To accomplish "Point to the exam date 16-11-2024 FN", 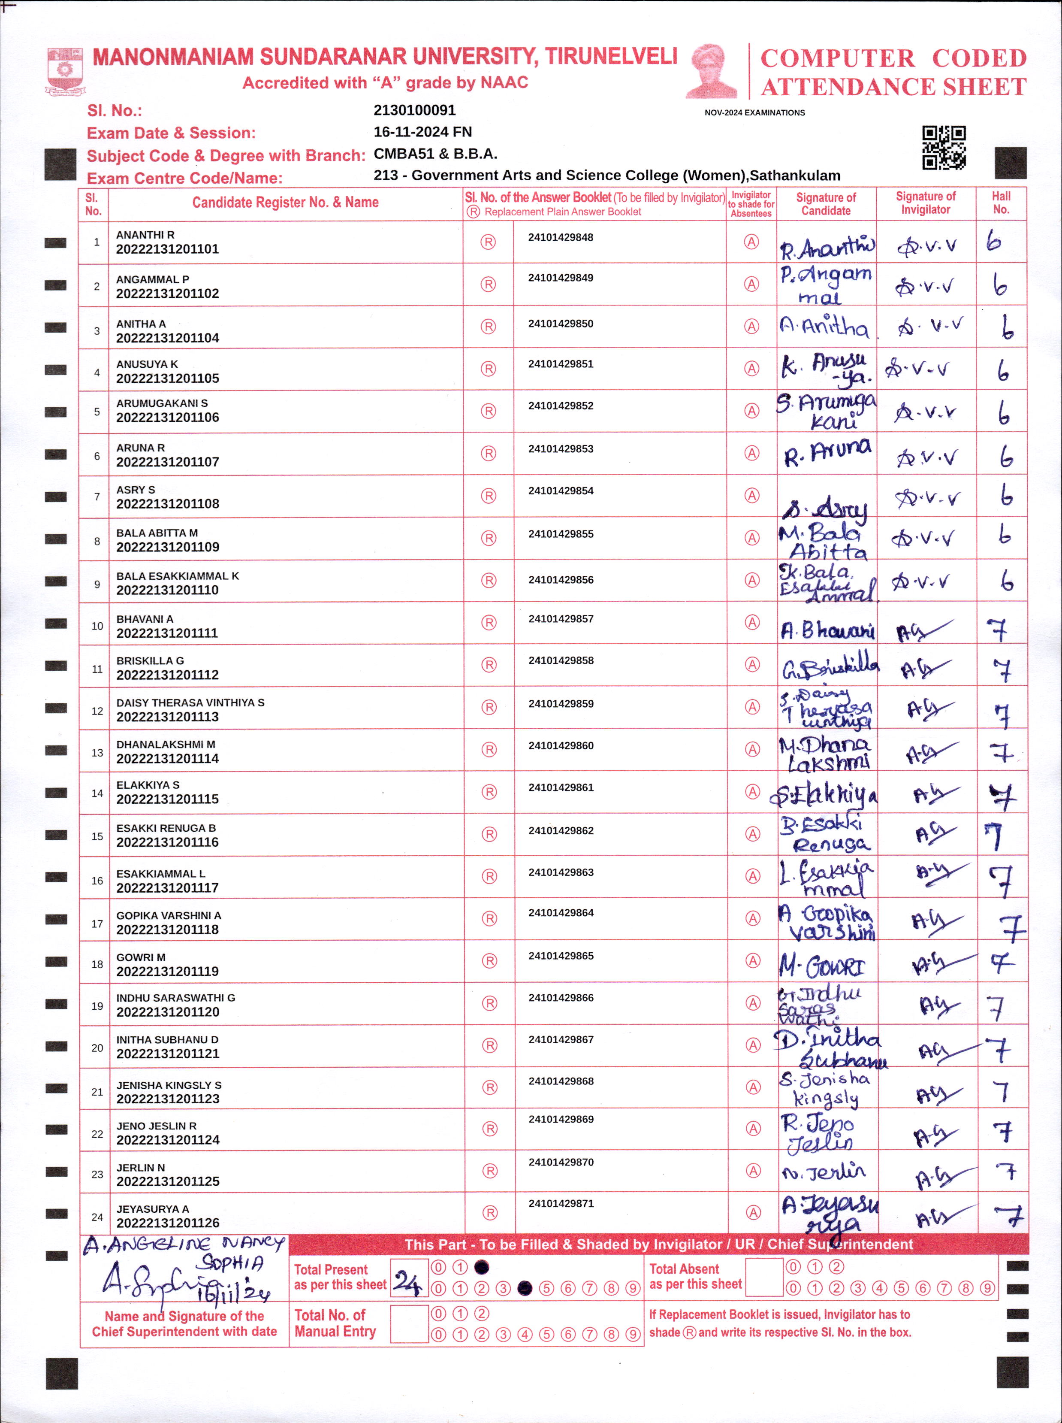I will coord(422,132).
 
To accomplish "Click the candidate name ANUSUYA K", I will coord(147,364).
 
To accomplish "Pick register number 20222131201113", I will coord(167,716).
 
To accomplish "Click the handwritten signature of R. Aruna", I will coord(827,453).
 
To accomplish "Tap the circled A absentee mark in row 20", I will coord(753,1045).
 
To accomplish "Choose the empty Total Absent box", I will coord(764,1277).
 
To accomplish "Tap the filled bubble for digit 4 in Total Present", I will coord(525,1288).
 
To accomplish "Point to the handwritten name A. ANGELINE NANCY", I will coord(183,1245).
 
